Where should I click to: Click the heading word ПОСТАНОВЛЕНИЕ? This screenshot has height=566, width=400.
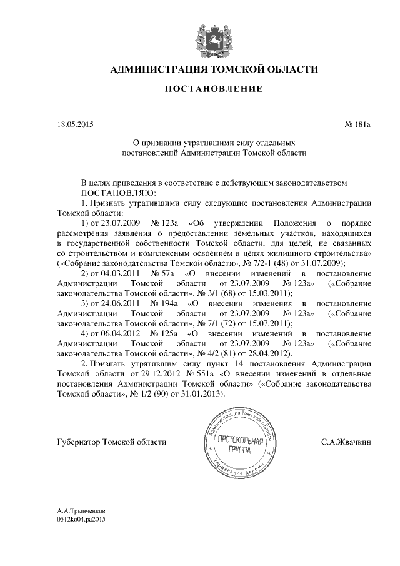click(x=214, y=89)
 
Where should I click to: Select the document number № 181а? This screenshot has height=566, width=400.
click(x=358, y=124)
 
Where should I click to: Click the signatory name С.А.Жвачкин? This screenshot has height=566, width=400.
click(x=346, y=442)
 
